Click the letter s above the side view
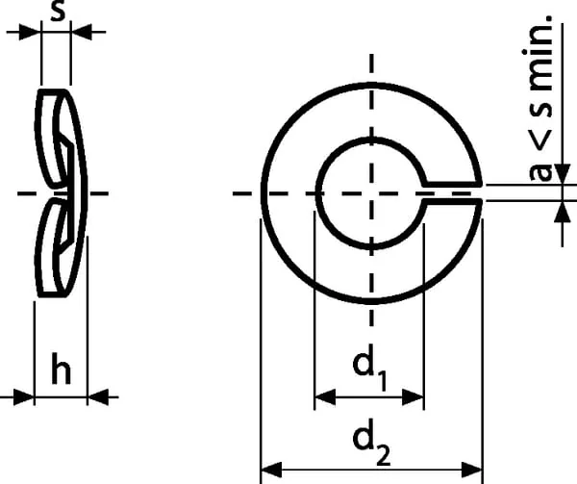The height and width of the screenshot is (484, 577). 58,10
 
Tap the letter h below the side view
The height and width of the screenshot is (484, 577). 61,369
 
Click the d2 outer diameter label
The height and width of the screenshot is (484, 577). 371,442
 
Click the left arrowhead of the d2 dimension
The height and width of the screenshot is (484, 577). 271,470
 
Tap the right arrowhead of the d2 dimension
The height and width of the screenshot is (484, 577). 471,470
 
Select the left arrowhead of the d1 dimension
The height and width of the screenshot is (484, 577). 325,397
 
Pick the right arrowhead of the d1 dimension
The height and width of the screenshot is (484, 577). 413,397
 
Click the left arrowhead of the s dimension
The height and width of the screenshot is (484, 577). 30,33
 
